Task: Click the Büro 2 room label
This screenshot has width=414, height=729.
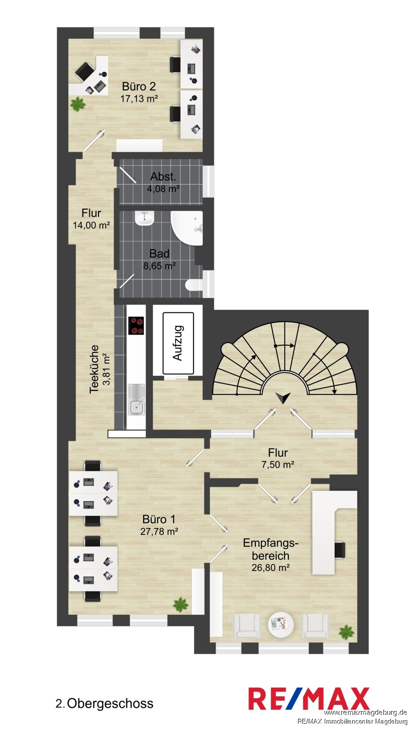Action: click(139, 86)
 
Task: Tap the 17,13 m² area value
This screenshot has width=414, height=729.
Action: click(139, 98)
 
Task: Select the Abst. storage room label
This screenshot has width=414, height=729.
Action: click(163, 177)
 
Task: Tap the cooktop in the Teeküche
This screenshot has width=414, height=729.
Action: click(136, 326)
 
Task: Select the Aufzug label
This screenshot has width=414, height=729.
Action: click(178, 343)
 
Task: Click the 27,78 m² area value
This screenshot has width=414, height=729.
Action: click(159, 531)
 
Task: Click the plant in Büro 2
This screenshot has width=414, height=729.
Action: click(78, 104)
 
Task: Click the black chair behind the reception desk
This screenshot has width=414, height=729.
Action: click(340, 550)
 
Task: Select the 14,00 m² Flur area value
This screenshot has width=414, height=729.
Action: click(91, 225)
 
